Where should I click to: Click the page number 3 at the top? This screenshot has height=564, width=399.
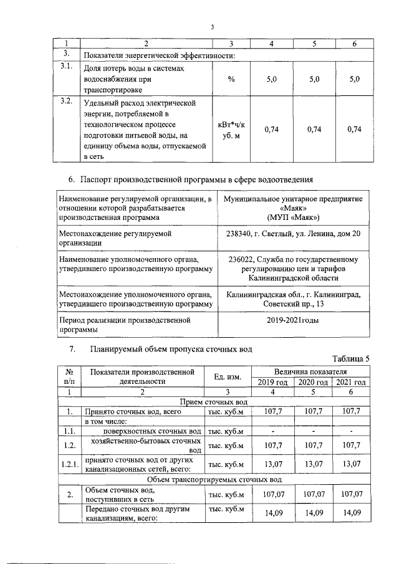click(x=212, y=27)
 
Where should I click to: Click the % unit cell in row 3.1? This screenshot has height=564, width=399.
click(x=231, y=80)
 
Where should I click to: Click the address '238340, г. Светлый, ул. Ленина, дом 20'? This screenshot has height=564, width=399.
click(x=291, y=233)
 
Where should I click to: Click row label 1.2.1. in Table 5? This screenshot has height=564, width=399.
click(x=70, y=464)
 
